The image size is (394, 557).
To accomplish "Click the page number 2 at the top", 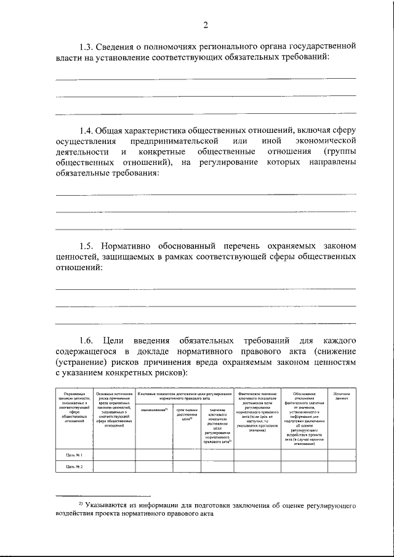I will (x=206, y=25).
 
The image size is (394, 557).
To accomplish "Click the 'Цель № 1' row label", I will (x=74, y=455).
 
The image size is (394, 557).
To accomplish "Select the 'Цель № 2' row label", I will (x=74, y=467).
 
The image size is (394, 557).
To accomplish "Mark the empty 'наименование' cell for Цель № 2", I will (x=155, y=467).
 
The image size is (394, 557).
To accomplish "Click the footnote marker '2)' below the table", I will (x=80, y=504).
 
